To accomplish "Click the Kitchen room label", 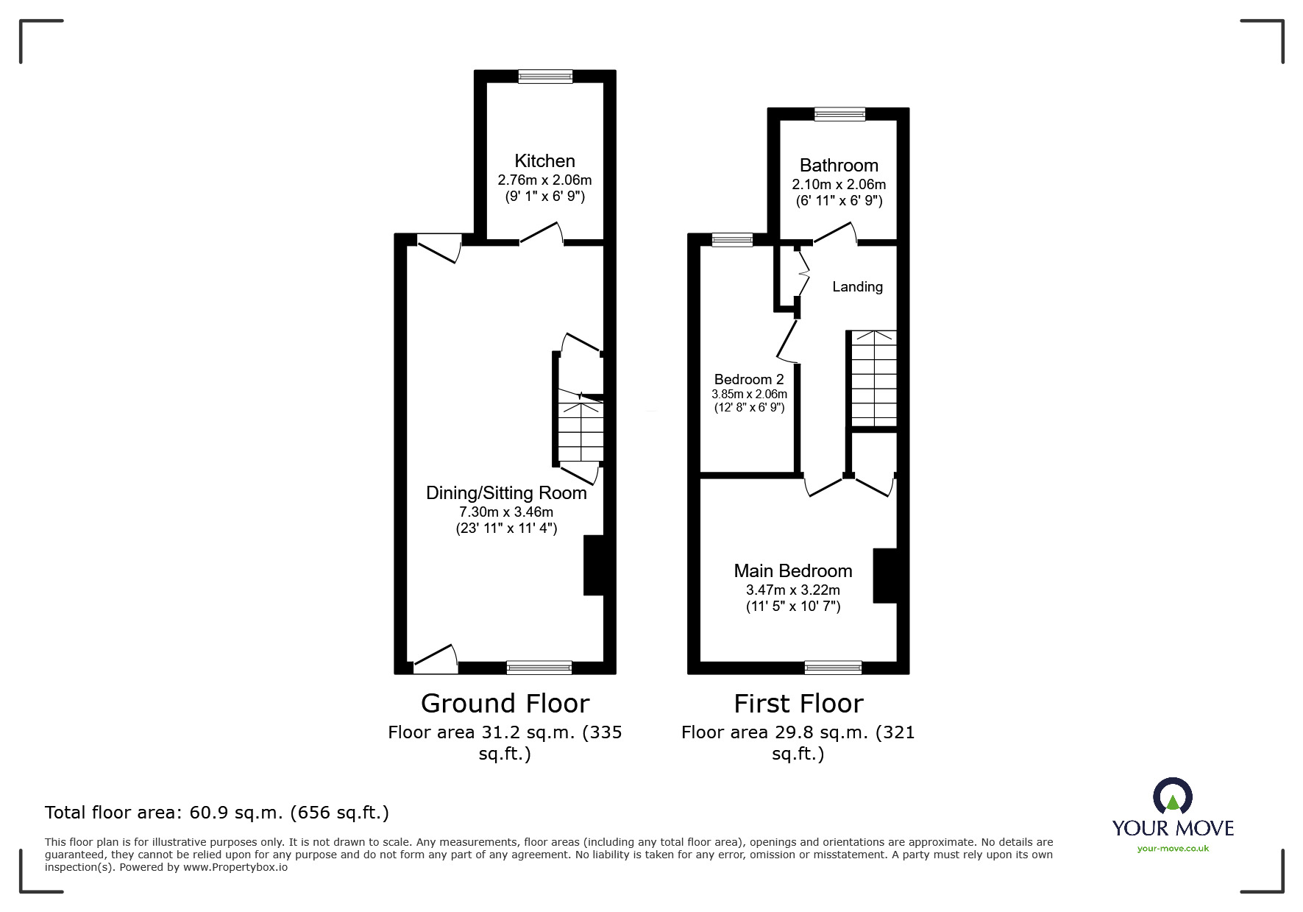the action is coord(544,160).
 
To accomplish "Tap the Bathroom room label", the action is coord(839,165).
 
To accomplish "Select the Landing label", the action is coord(857,286).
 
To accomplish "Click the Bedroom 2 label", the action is coord(749,379).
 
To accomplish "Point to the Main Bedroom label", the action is coord(793,570).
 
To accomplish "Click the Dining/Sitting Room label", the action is coord(506,493).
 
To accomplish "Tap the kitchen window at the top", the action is coord(545,76).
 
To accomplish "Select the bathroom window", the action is coord(839,113).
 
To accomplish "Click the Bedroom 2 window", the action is coord(733,239).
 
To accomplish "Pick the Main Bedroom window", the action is coord(833,668).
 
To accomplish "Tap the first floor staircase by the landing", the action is coord(874,378).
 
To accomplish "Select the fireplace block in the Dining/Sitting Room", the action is coord(594,565).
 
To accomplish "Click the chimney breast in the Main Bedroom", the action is coord(885,576).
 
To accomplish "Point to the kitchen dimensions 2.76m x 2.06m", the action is coord(544,180).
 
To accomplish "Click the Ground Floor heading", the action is coord(505,704).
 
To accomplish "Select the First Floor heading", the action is coord(798,704).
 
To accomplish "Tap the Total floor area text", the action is coord(217,813).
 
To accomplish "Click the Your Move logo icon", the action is coord(1172,796).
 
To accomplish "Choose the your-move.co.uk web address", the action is coord(1173,849).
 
